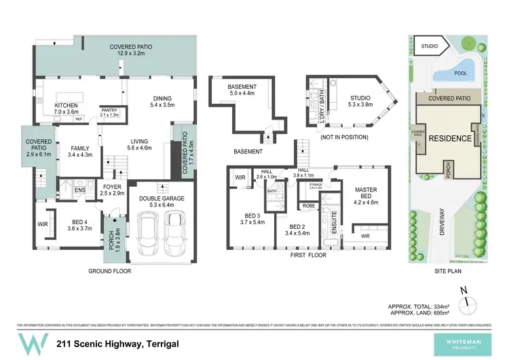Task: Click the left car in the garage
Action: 149,232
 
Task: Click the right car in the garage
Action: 176,232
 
